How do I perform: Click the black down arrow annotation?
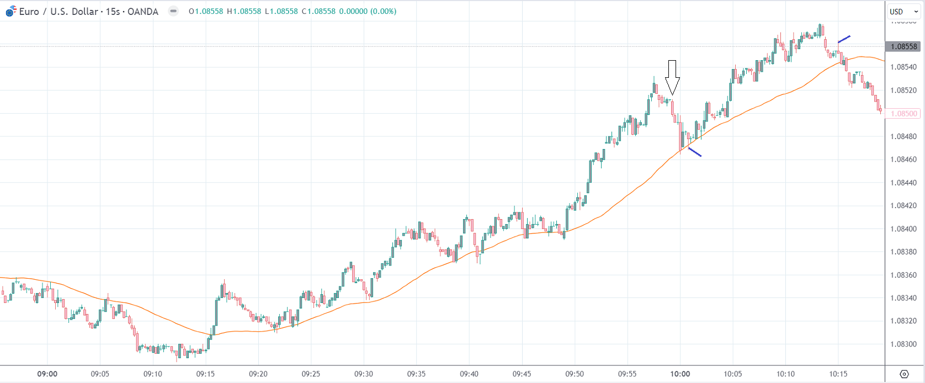point(672,77)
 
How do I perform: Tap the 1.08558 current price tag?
point(903,46)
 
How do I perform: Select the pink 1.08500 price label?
point(903,114)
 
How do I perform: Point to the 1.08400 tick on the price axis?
point(903,228)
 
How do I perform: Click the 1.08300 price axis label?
point(903,344)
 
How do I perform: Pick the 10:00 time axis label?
point(680,374)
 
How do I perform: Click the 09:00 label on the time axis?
point(47,374)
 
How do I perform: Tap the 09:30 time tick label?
point(364,374)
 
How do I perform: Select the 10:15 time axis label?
point(838,374)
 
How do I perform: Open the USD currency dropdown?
point(903,12)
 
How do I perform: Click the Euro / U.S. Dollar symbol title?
point(59,11)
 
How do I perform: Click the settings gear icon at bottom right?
point(904,374)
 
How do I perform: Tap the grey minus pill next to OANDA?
point(173,11)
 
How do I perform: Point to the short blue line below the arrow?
point(694,152)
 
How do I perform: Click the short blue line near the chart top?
point(844,39)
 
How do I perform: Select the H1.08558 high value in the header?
point(243,11)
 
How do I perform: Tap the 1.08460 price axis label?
point(903,159)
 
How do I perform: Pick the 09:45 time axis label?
point(522,374)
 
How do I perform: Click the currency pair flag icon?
point(11,11)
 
